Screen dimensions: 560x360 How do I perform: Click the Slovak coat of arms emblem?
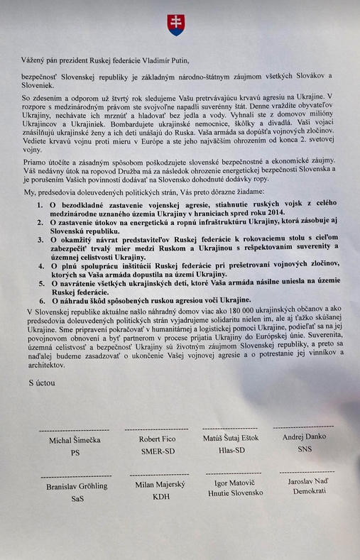[175, 25]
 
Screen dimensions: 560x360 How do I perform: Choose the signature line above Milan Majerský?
[159, 476]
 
